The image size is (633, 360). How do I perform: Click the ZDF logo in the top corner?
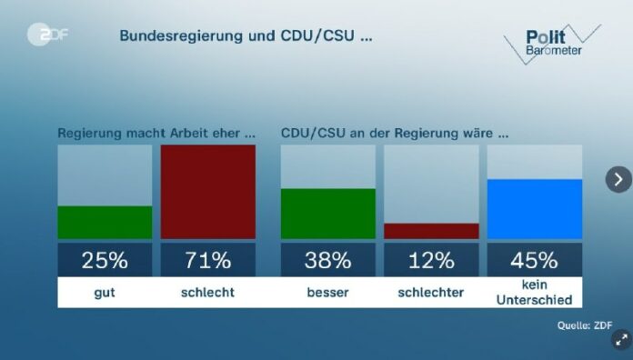(x=48, y=35)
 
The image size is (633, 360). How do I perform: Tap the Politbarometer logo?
(x=551, y=42)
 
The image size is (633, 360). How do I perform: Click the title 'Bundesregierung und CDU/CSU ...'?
(x=246, y=37)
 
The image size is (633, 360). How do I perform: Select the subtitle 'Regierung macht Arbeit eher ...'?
(x=156, y=133)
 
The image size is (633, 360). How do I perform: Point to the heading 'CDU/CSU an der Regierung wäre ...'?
(x=394, y=133)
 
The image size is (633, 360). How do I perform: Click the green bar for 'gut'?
(x=105, y=222)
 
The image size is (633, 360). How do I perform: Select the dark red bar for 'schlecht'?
(x=208, y=191)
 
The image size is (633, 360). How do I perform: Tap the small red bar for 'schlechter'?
(x=431, y=231)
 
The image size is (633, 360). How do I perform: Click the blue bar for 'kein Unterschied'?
(x=535, y=209)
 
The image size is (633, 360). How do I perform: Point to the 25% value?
(x=105, y=261)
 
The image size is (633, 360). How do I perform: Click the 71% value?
(x=208, y=261)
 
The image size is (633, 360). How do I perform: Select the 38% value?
(x=327, y=261)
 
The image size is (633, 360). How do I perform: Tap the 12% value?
(x=431, y=261)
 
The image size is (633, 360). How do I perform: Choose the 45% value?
(x=535, y=261)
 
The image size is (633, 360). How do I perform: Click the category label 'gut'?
(x=105, y=293)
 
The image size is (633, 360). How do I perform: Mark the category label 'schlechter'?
(x=431, y=293)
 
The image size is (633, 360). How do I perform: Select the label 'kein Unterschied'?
(x=535, y=293)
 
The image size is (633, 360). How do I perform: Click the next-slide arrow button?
(x=618, y=179)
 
